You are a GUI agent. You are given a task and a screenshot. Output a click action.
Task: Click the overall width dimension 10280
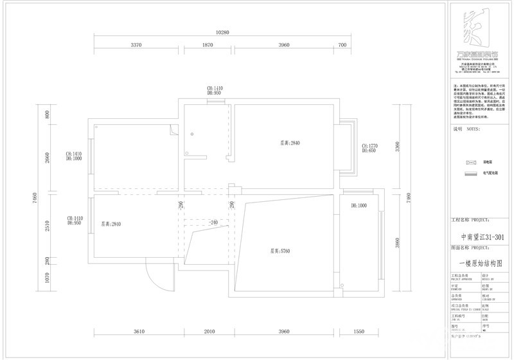[222, 32]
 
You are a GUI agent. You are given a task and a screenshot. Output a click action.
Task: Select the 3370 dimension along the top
[136, 45]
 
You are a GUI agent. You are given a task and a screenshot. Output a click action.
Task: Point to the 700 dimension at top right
[342, 45]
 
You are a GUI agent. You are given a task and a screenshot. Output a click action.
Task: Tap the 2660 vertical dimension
[47, 158]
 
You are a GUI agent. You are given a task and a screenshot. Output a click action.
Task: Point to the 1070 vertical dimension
[47, 278]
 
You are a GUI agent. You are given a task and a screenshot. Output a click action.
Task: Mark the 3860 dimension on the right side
[398, 243]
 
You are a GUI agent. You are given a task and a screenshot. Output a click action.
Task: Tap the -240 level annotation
[214, 222]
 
